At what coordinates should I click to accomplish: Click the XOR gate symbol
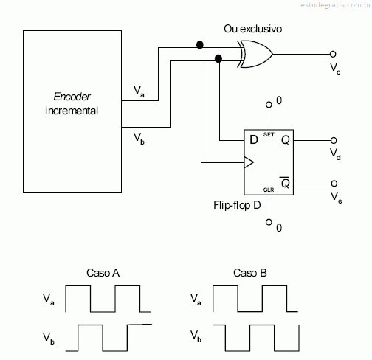coord(256,54)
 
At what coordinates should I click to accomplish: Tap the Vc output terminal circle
coord(333,54)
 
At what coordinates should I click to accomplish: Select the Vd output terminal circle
coord(334,140)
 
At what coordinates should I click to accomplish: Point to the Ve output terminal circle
coord(334,184)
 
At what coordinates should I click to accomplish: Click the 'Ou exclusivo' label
coord(252,29)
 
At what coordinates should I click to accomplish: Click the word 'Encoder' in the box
coord(72,97)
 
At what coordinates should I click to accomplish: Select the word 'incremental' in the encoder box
coord(72,111)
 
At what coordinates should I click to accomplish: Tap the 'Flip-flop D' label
coord(237,205)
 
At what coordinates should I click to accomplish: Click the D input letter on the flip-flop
coord(254,140)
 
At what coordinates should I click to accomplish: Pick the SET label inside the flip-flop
coord(269,134)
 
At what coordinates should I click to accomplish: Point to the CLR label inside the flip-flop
coord(269,190)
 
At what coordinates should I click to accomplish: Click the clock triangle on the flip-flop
coord(249,162)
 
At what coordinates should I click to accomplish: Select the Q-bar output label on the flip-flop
coord(285,183)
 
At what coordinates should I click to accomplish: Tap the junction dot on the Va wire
coord(200,45)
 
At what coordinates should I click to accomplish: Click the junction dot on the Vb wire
coord(218,58)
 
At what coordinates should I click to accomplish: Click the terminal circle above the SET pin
coord(269,105)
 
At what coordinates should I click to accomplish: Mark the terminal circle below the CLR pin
coord(269,222)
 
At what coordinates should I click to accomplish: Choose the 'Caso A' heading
coord(103,273)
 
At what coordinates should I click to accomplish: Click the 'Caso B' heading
coord(250,273)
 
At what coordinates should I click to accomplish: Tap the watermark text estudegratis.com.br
coord(336,5)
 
